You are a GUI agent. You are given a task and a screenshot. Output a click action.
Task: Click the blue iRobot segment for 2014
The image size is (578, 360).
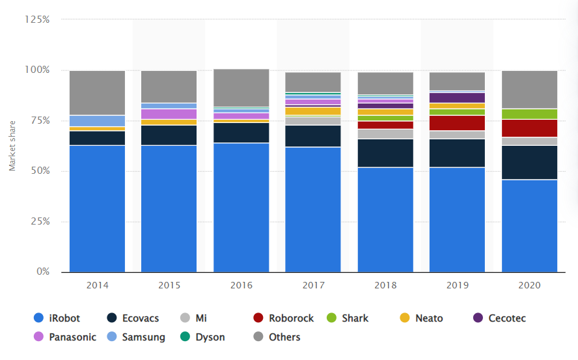[x=97, y=208]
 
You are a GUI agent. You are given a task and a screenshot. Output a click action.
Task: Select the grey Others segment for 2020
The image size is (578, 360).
[x=529, y=89]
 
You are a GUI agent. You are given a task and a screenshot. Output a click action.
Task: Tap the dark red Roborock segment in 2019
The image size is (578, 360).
[x=457, y=123]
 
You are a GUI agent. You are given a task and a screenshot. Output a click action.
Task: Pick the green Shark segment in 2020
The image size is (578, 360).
[x=529, y=114]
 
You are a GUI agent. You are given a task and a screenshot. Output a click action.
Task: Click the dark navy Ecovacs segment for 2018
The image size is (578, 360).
[x=385, y=153]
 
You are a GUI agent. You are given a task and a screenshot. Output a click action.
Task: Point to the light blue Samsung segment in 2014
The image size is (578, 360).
[x=97, y=120]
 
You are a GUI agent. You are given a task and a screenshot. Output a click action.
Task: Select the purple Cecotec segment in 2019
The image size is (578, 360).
[x=457, y=98]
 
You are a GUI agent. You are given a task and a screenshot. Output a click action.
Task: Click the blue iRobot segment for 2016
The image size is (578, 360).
[x=241, y=207]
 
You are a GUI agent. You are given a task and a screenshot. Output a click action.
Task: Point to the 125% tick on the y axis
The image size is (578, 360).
[x=36, y=20]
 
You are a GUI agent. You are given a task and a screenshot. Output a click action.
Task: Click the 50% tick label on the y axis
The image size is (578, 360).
[x=39, y=171]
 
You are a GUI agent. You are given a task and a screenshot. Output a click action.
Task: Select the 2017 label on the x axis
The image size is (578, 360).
[x=313, y=285]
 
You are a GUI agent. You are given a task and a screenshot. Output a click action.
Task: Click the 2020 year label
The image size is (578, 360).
[x=529, y=285]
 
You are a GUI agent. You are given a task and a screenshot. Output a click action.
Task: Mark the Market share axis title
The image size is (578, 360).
[x=12, y=146]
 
